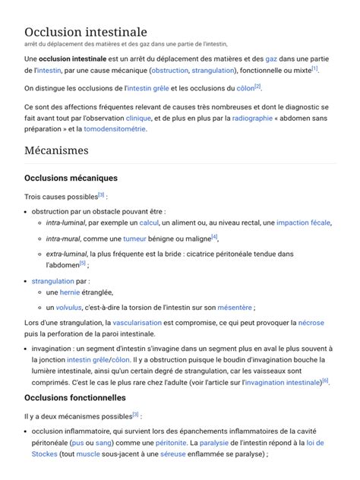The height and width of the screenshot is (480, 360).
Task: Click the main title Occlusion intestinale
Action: point(86,32)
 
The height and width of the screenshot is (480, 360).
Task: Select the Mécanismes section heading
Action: point(56,150)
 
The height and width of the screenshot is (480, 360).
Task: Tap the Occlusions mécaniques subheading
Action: point(71,178)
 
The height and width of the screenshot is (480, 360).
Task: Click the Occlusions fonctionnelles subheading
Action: point(75,397)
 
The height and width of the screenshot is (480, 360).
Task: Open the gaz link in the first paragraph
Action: point(271,58)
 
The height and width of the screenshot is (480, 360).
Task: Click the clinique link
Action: point(138,118)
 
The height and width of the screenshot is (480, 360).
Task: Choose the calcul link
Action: point(149,223)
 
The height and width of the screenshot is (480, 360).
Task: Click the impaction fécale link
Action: point(303,223)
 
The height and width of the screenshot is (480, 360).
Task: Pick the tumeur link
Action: point(134,238)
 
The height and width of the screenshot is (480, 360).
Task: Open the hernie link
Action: point(70,292)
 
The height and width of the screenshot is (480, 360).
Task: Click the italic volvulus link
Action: point(68,308)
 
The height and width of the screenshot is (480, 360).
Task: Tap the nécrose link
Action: point(311,324)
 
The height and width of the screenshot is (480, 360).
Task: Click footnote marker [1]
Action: point(314,68)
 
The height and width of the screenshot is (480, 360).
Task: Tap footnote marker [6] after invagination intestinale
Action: point(325,381)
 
